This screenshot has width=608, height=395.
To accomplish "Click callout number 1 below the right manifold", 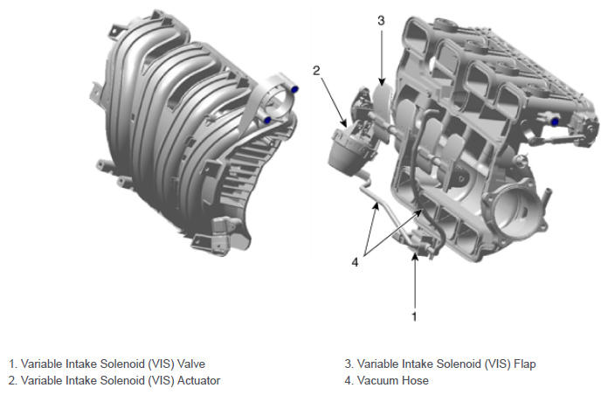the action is [x=414, y=316].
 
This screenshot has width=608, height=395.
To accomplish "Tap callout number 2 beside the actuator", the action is [x=316, y=71].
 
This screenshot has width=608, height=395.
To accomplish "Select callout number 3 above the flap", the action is [x=381, y=20].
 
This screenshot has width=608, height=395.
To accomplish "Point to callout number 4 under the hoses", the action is [x=356, y=263].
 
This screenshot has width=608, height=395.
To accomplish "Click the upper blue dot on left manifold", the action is [x=294, y=89].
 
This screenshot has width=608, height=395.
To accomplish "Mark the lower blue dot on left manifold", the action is [x=267, y=121].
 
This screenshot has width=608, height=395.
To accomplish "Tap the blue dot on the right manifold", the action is [x=555, y=121].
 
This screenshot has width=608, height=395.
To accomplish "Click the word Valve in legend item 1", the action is [x=191, y=364].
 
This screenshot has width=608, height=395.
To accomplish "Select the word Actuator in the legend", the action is [x=198, y=381].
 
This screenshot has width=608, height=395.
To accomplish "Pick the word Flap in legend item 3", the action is [x=525, y=364].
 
